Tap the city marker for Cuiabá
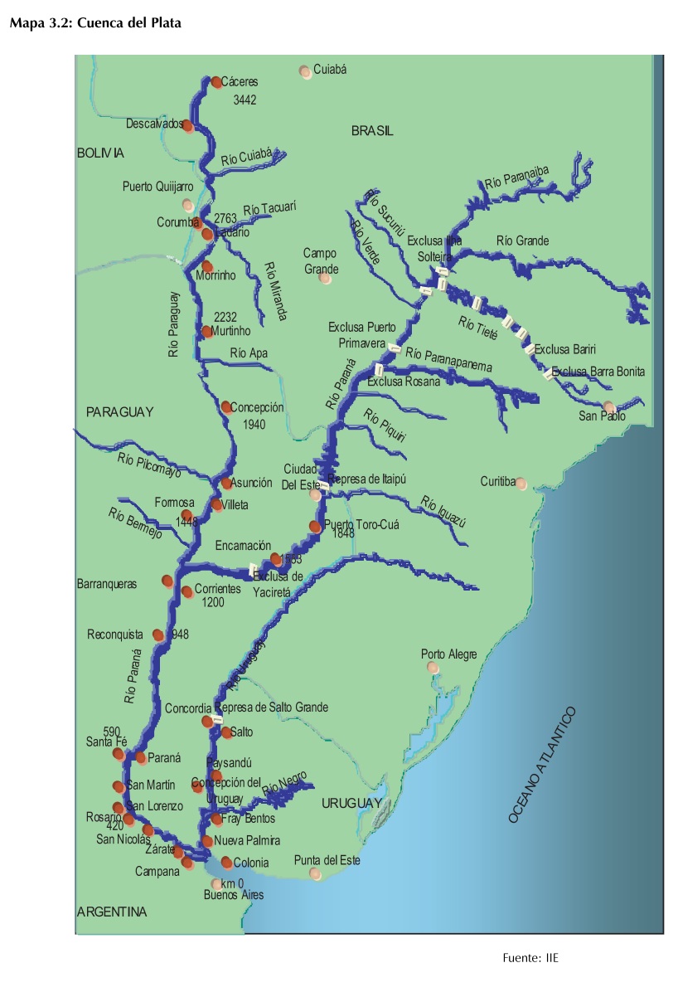305,71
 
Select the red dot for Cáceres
216,82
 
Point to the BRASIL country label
372,131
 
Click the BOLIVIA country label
100,153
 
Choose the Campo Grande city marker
326,279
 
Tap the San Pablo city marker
609,406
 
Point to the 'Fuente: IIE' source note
530,958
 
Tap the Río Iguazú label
443,512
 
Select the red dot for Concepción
226,406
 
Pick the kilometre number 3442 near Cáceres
245,100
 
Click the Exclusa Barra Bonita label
598,372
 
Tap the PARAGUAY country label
120,412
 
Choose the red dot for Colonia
226,862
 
